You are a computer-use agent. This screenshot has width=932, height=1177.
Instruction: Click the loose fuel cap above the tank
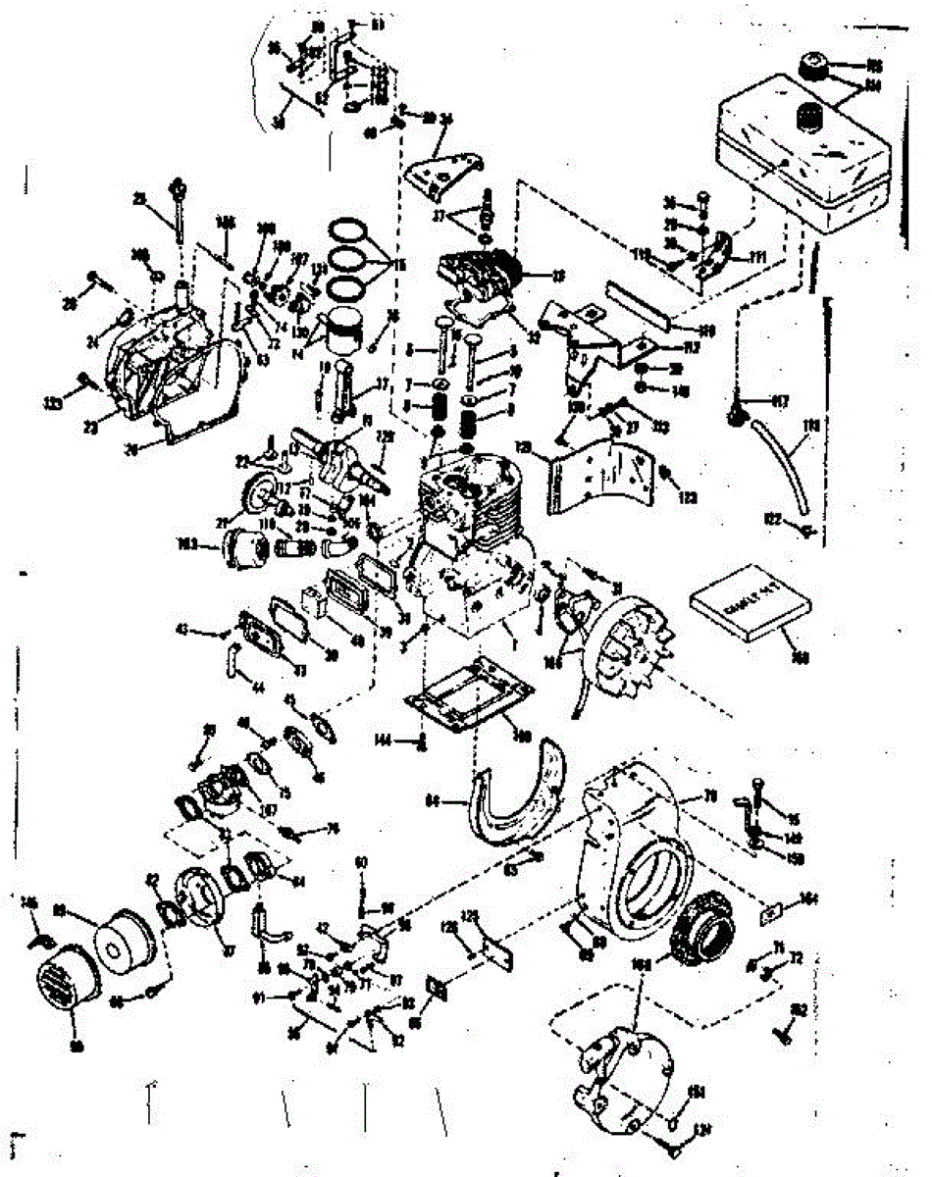click(x=812, y=68)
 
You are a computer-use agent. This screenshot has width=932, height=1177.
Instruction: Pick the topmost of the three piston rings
click(x=352, y=230)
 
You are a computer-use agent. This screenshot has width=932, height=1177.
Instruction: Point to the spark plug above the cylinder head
click(x=486, y=211)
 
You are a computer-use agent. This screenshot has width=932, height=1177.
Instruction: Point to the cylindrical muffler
click(x=239, y=544)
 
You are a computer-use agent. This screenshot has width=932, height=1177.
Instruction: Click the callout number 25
click(x=140, y=200)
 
